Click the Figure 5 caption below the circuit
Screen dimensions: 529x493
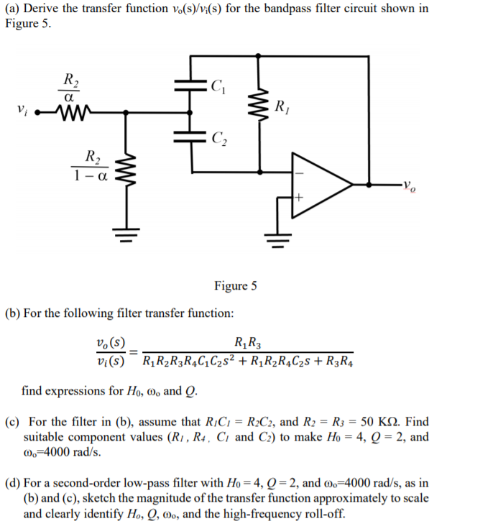point(235,286)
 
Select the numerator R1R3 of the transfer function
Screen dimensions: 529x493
point(248,341)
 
